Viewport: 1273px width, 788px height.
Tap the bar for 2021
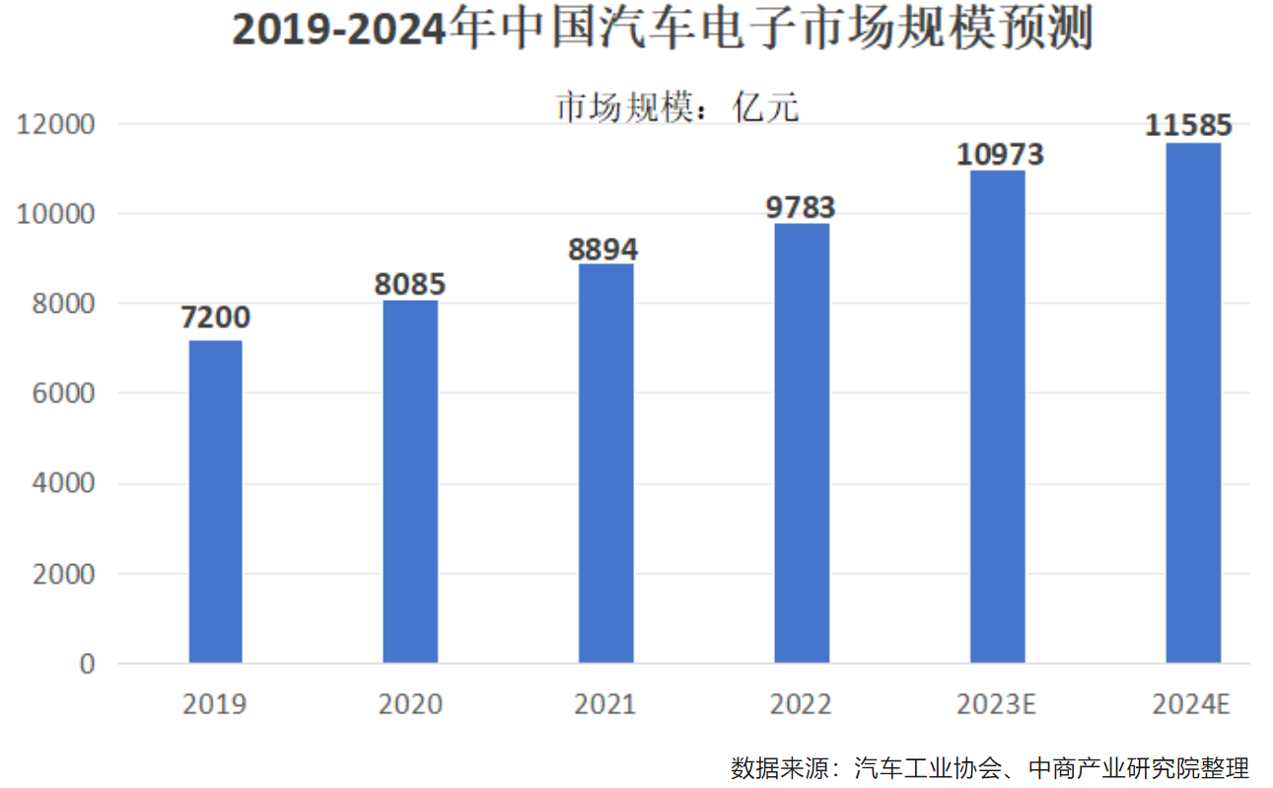point(605,463)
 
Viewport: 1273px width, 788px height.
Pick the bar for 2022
point(802,443)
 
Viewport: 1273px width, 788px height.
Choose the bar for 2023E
point(997,416)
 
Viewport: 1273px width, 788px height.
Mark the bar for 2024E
point(1193,402)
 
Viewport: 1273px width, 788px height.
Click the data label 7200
point(215,319)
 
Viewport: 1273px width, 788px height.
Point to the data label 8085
point(410,285)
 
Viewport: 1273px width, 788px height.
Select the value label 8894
point(603,249)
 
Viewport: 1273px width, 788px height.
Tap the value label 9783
point(801,208)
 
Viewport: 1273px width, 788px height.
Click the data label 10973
point(999,155)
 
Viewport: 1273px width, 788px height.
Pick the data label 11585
point(1188,126)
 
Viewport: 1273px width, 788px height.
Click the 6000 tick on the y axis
point(63,394)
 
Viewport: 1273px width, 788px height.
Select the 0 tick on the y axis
point(87,664)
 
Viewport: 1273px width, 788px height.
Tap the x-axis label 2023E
point(996,705)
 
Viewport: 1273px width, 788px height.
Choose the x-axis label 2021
point(605,705)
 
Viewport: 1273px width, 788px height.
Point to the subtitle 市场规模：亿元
point(677,107)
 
